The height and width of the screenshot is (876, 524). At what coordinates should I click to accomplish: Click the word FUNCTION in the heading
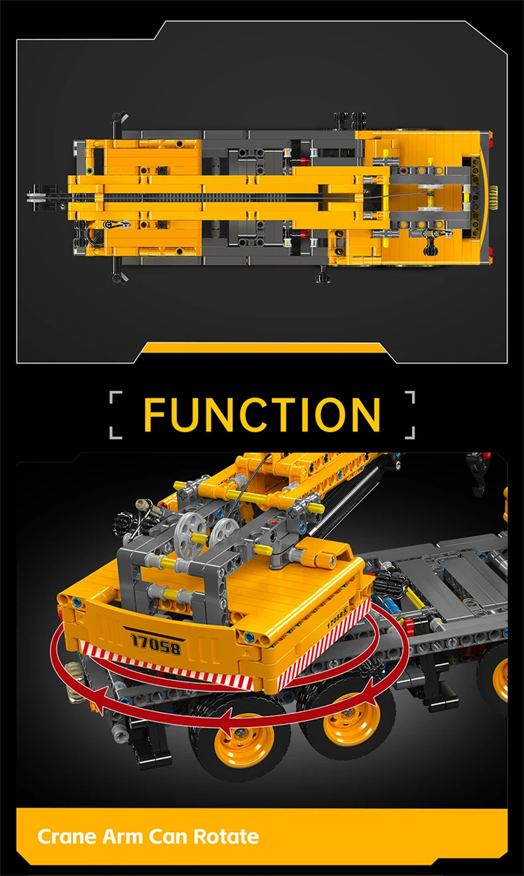point(262,414)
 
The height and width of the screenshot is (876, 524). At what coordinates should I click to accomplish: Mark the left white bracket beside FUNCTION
point(116,415)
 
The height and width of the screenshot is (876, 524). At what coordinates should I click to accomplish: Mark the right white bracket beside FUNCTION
point(409,415)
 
